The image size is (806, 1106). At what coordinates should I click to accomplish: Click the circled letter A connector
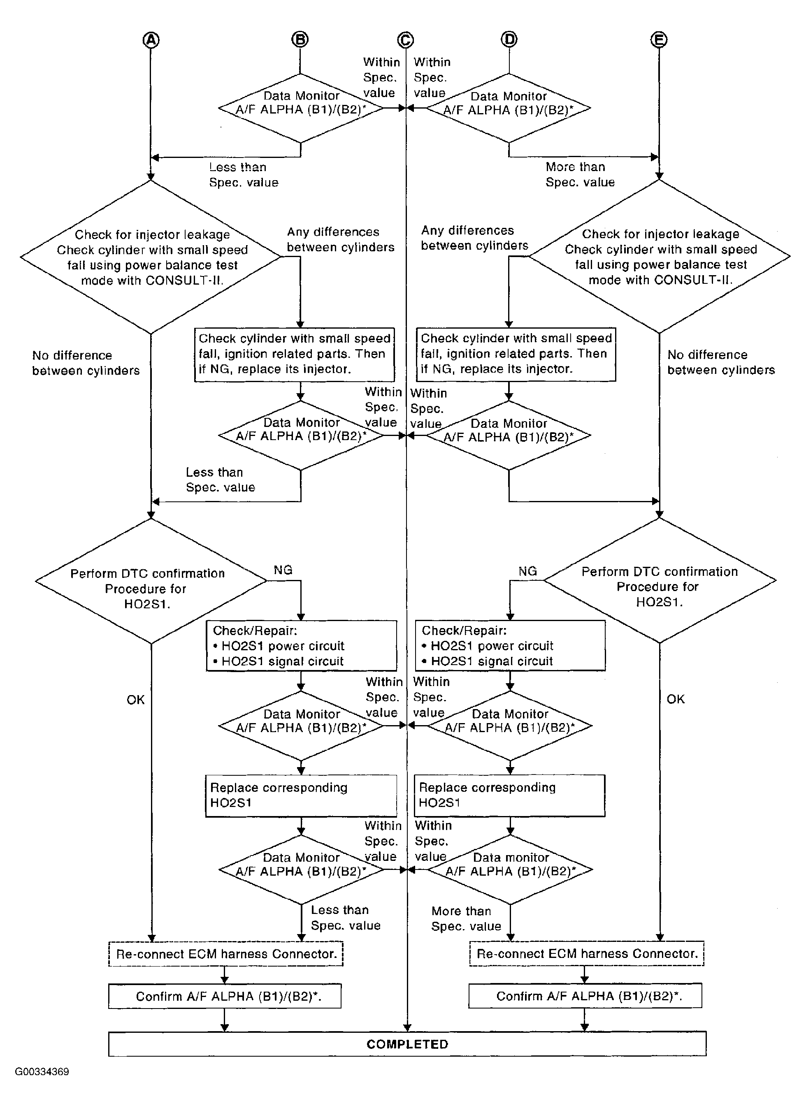coord(151,40)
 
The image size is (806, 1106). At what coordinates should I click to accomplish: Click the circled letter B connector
coord(300,39)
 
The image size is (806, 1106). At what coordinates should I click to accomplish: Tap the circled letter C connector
coord(405,40)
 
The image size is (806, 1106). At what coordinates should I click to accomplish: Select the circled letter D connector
coord(509,39)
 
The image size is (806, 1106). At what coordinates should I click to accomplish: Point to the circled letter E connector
coord(659,40)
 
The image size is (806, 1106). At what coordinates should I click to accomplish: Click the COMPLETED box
coord(407,1044)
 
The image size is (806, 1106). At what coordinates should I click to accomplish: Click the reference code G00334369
coord(42,1072)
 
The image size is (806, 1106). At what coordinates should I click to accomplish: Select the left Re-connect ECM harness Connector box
coord(226,954)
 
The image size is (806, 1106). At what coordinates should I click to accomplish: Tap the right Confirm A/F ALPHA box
coord(585,995)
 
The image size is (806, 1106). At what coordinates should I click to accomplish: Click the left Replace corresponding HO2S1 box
coord(301,796)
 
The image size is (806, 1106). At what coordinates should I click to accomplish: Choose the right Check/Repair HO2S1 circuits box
coord(510,646)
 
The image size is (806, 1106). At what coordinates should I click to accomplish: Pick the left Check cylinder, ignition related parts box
coord(294,355)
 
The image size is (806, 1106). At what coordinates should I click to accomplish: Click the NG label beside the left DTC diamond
coord(283,570)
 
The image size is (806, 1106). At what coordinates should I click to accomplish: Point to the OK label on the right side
coord(676,699)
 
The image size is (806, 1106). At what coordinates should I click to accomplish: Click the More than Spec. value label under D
coord(580,174)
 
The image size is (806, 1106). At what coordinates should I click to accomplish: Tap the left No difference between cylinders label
coord(86,363)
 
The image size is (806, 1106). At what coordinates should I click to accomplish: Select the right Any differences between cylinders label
coord(475,238)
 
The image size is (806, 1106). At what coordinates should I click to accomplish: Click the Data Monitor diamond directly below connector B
coord(300,108)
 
